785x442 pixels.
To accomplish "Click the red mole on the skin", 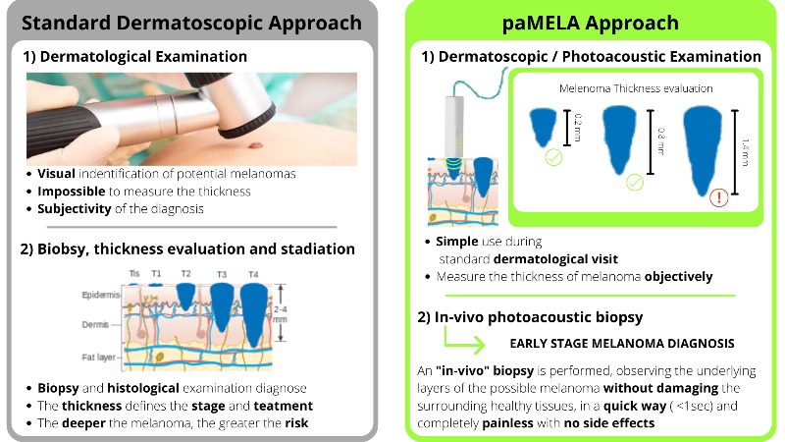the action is (255, 145).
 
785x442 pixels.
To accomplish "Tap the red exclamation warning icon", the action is (719, 197).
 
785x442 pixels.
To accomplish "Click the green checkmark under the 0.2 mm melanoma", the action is (553, 157).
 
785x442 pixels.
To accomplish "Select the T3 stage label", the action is (222, 274).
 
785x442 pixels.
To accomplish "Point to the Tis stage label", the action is (133, 273).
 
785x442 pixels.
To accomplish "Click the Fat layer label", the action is (98, 358).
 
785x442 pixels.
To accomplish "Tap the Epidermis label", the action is (101, 295).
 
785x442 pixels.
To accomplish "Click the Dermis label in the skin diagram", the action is (95, 324).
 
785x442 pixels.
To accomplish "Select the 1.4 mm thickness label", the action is (745, 152).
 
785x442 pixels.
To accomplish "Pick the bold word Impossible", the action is (71, 192).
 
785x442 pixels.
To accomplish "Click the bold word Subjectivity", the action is (75, 209).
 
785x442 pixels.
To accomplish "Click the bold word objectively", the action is (678, 277).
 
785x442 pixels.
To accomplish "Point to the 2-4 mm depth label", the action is (281, 314).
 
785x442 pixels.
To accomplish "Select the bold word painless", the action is (507, 423).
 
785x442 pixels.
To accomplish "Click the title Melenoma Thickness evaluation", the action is (636, 88).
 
